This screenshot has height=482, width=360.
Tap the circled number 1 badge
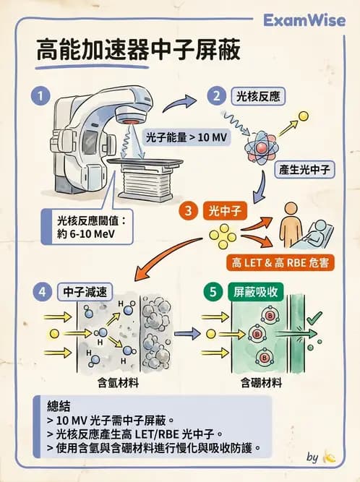coord(43,95)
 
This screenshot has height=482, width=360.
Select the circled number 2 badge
coord(215,95)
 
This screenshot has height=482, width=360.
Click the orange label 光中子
coord(224,211)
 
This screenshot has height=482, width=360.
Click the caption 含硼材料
coord(260,381)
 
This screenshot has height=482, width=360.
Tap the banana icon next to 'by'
coord(330,457)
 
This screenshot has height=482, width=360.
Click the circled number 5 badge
coord(213,292)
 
